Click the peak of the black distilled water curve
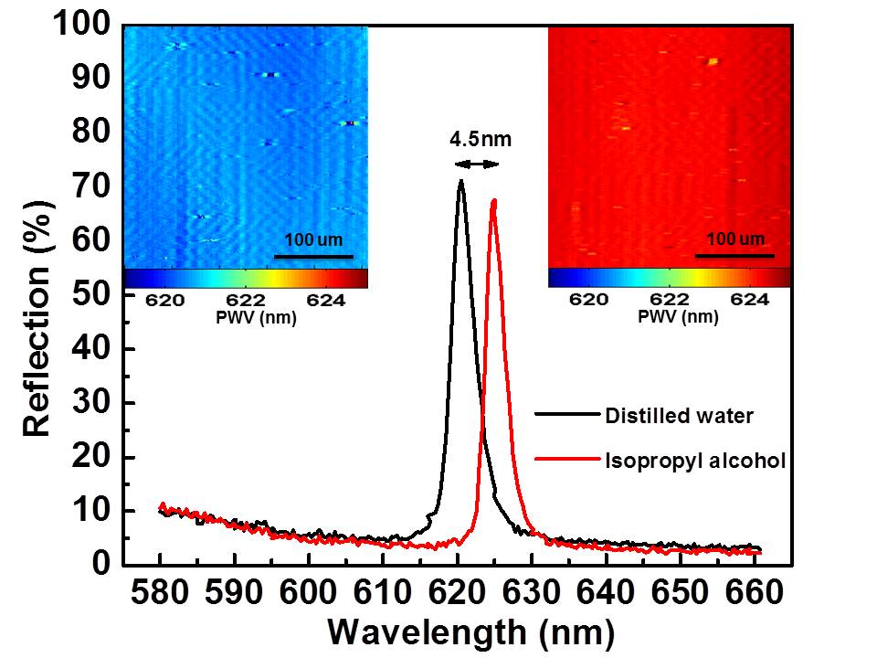[x=460, y=180]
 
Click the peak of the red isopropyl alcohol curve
[x=494, y=200]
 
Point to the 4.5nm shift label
[x=481, y=139]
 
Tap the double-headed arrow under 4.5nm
[x=476, y=164]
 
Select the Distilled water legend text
[x=679, y=416]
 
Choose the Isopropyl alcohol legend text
[x=695, y=461]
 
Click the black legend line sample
[x=567, y=414]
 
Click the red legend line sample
[x=567, y=460]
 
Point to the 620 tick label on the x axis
[x=457, y=592]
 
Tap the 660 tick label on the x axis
[x=754, y=592]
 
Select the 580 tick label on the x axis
[x=160, y=592]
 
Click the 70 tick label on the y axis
[x=91, y=186]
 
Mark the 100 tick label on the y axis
[x=81, y=25]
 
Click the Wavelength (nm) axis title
[x=471, y=632]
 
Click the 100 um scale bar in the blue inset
[x=313, y=257]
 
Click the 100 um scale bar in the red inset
[x=734, y=256]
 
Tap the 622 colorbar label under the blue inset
[x=246, y=301]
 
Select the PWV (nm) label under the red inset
[x=678, y=317]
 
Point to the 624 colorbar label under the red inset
[x=750, y=300]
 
